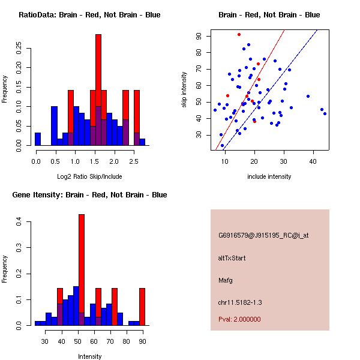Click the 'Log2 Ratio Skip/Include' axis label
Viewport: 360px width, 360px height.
click(89, 176)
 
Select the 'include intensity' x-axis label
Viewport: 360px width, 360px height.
click(269, 176)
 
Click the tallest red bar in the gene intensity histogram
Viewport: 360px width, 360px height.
click(82, 264)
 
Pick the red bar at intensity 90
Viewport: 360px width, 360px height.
click(142, 306)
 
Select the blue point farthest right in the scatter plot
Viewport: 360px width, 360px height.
click(325, 113)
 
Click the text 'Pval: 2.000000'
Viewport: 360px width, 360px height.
click(239, 319)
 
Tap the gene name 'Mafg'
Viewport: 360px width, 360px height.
click(226, 280)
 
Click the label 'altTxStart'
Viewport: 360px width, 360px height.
click(232, 258)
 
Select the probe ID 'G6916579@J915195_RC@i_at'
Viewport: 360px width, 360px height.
click(263, 236)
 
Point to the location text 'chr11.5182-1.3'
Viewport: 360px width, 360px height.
click(240, 302)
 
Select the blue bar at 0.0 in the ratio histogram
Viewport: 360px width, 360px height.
click(38, 139)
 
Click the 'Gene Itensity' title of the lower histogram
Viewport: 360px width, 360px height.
click(89, 195)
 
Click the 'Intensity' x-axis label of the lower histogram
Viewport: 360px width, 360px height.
click(89, 356)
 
